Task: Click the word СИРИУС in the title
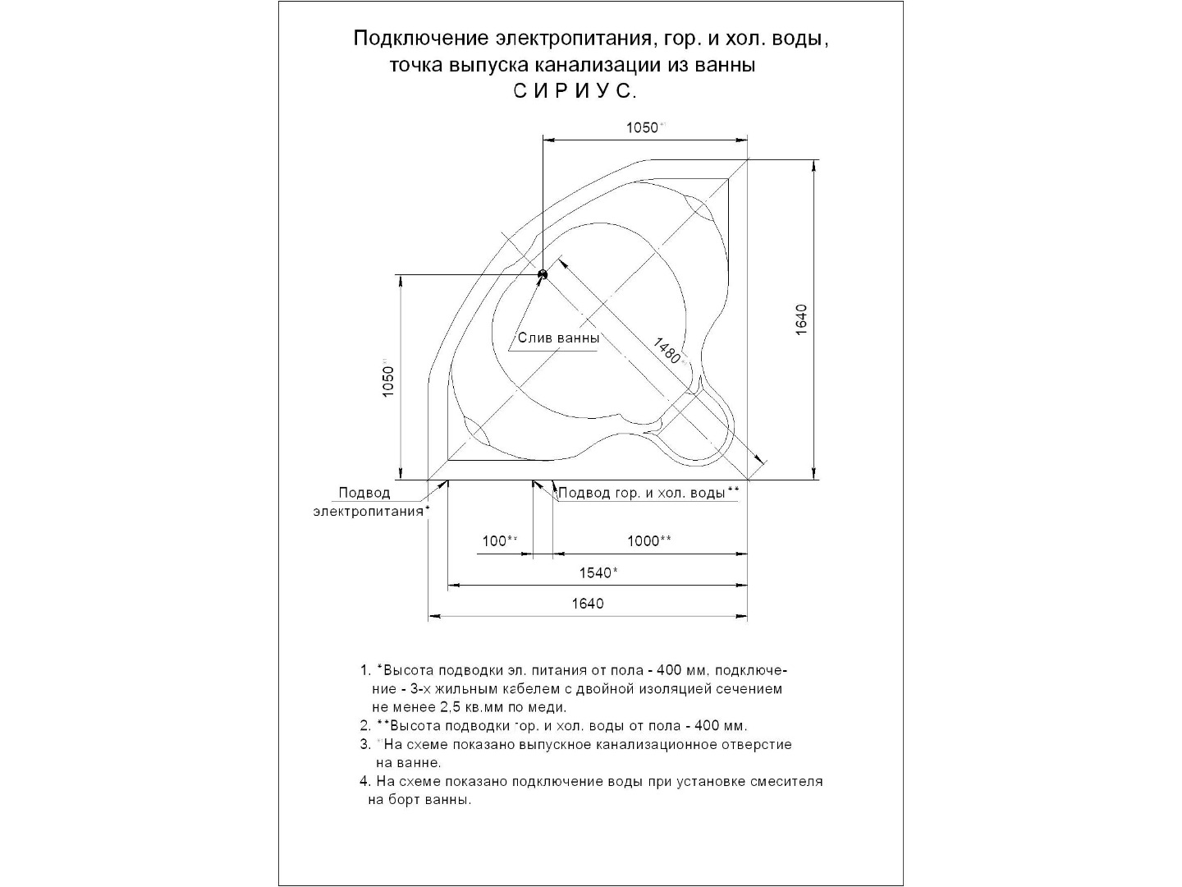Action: pyautogui.click(x=575, y=91)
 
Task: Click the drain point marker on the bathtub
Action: pyautogui.click(x=542, y=274)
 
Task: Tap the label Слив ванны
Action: pyautogui.click(x=558, y=338)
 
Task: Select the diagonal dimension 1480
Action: pyautogui.click(x=666, y=351)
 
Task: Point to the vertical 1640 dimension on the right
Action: pyautogui.click(x=802, y=319)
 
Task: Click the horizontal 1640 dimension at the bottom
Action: pyautogui.click(x=588, y=604)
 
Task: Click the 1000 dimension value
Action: pyautogui.click(x=648, y=540)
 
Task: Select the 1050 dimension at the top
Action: pyautogui.click(x=643, y=127)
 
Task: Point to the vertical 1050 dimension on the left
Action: pyautogui.click(x=389, y=379)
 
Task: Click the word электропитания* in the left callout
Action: pyautogui.click(x=371, y=510)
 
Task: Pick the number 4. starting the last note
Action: pyautogui.click(x=365, y=782)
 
